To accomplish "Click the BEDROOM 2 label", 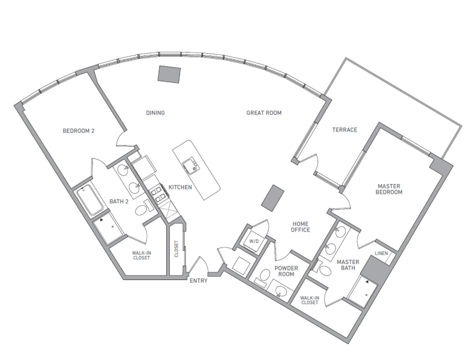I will [78, 131].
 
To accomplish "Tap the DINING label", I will [155, 113].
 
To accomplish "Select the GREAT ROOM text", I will [264, 113].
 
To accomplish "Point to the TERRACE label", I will [345, 130].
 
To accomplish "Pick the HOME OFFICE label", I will [301, 226].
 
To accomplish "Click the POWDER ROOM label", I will [286, 271].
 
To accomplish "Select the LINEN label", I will [381, 254].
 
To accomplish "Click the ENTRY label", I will [198, 281].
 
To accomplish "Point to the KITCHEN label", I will [180, 187].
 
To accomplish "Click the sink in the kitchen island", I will [190, 166].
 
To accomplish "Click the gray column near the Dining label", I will [170, 75].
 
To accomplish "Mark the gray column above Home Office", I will [273, 197].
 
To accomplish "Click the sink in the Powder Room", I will [280, 291].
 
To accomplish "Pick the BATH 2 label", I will [119, 202].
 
